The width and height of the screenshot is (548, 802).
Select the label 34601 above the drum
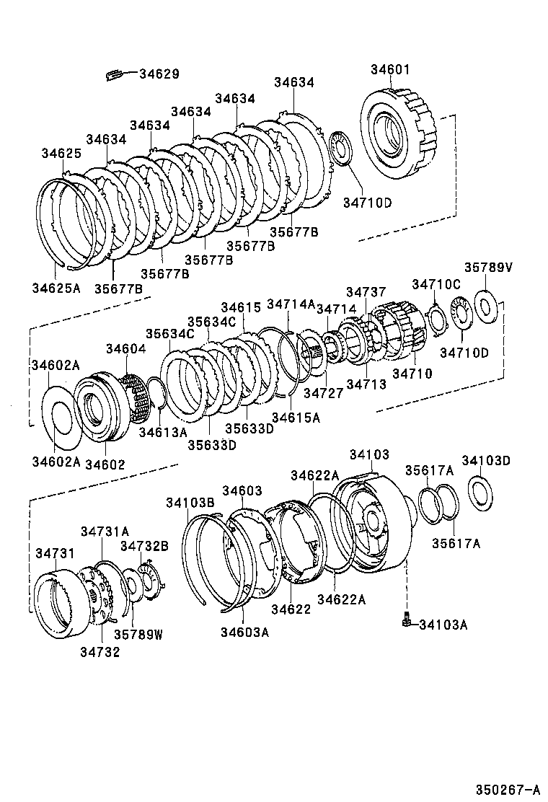[390, 70]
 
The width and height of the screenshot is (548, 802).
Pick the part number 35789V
[487, 267]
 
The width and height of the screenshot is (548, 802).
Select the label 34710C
[436, 283]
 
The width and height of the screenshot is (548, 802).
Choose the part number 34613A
[162, 432]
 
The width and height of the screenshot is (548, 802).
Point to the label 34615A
[296, 417]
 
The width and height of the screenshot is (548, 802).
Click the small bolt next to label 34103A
[408, 620]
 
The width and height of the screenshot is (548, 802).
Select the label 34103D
[486, 460]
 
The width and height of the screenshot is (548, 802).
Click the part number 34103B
[190, 503]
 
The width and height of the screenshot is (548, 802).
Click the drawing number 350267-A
[506, 788]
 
